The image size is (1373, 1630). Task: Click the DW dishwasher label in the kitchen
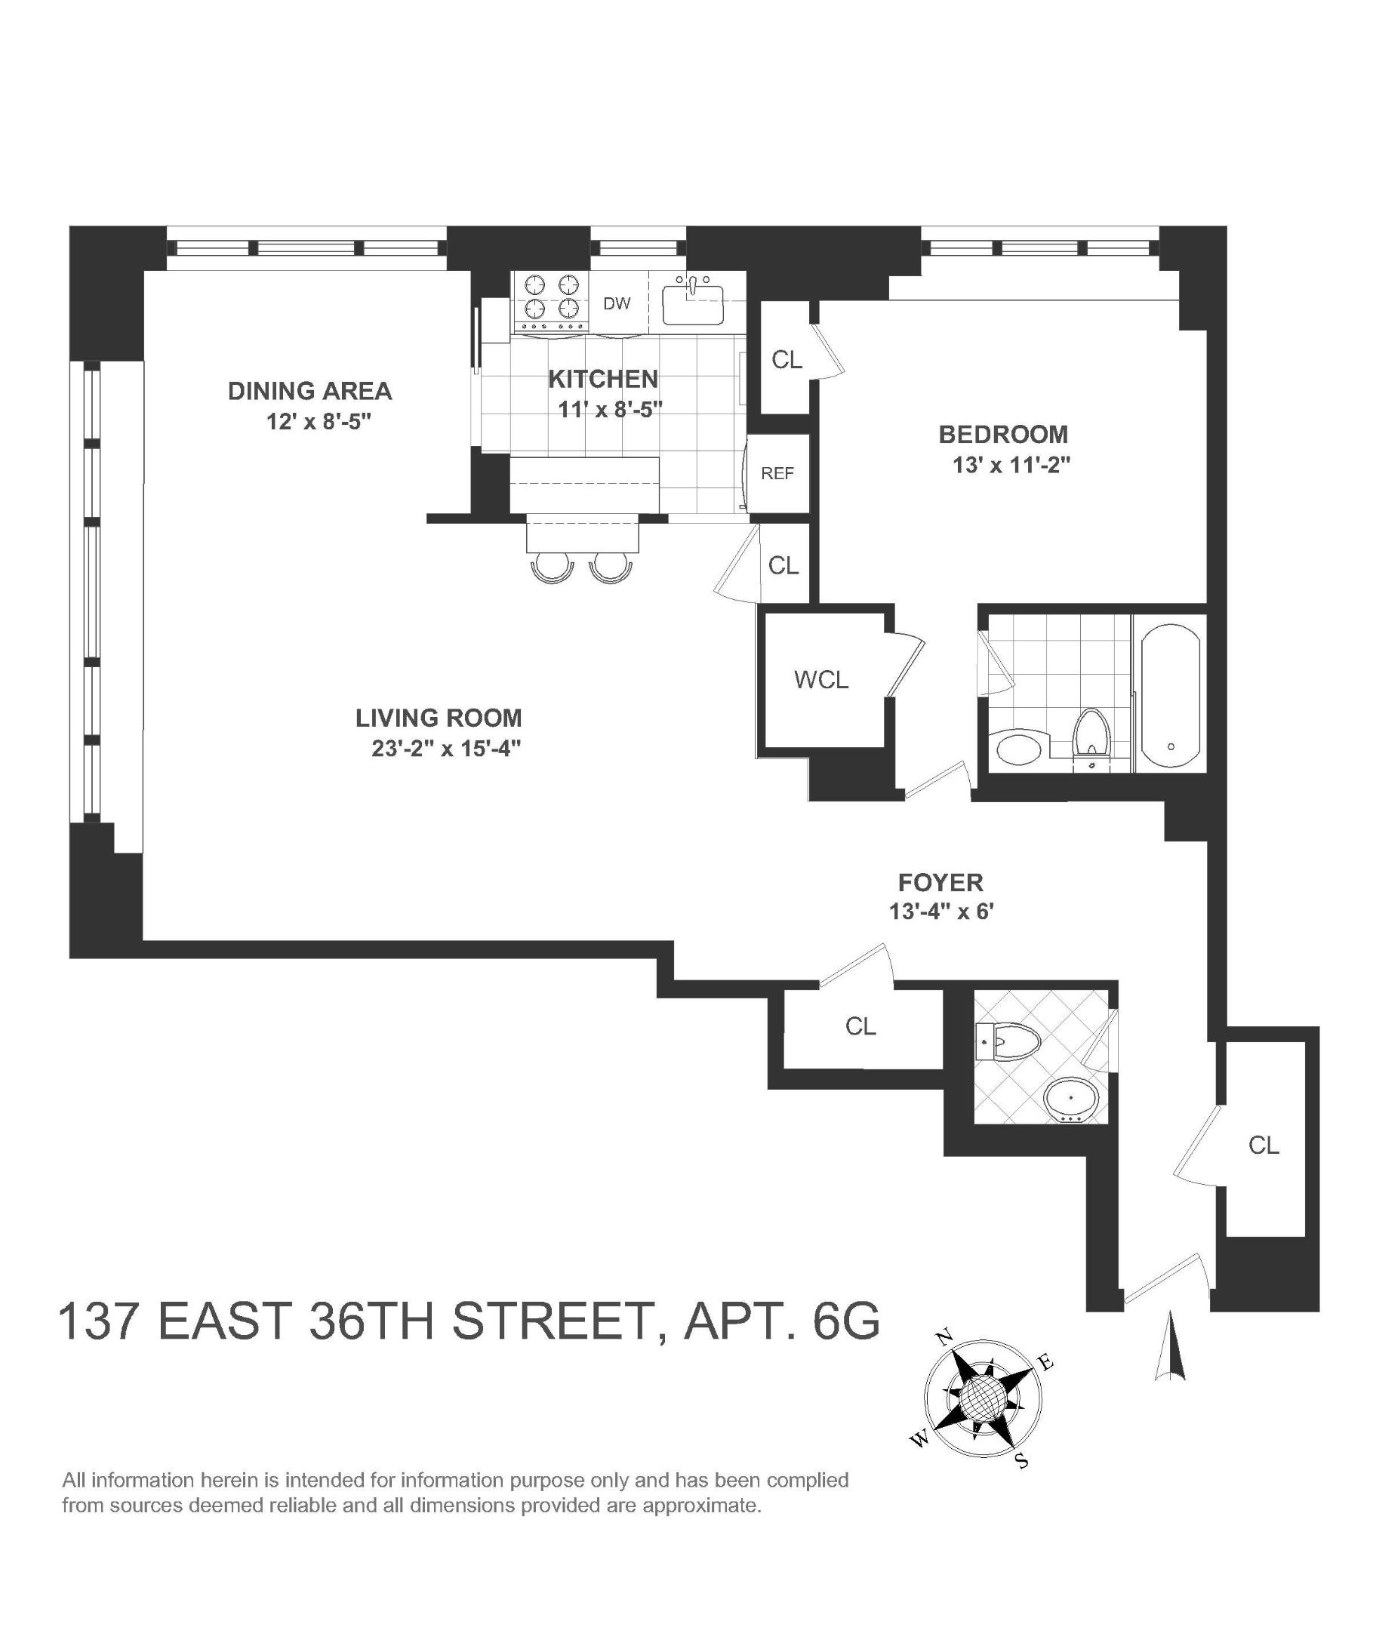pyautogui.click(x=617, y=303)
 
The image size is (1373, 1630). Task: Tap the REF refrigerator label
pyautogui.click(x=777, y=473)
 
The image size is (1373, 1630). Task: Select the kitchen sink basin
pyautogui.click(x=692, y=304)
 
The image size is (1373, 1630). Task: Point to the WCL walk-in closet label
pyautogui.click(x=820, y=680)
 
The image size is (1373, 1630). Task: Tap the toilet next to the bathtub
pyautogui.click(x=1091, y=731)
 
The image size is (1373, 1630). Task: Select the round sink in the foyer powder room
pyautogui.click(x=1072, y=1099)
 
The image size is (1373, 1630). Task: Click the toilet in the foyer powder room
pyautogui.click(x=1009, y=1040)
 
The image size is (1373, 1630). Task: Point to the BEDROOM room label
pyautogui.click(x=1002, y=434)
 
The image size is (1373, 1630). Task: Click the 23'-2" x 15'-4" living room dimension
pyautogui.click(x=445, y=749)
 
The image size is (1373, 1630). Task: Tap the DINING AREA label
pyautogui.click(x=309, y=391)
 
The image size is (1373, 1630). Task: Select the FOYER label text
pyautogui.click(x=940, y=882)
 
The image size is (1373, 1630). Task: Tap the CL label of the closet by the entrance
pyautogui.click(x=1264, y=1145)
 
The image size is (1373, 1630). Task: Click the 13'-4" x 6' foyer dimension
pyautogui.click(x=941, y=911)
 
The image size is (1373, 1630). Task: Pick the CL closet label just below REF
pyautogui.click(x=783, y=566)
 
